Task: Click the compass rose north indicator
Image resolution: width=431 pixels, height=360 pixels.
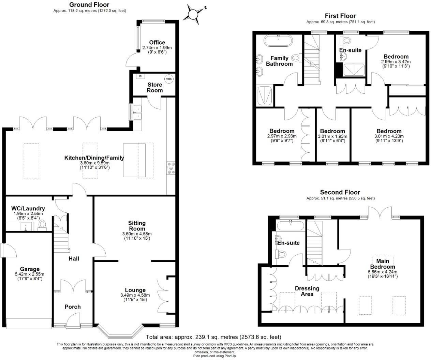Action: click(x=193, y=14)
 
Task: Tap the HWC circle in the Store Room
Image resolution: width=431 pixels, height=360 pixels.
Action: click(x=169, y=79)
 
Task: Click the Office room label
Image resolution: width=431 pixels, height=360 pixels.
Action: click(x=157, y=43)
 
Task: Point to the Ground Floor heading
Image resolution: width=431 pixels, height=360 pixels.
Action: click(x=89, y=5)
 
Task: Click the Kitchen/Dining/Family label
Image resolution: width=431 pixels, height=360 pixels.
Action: click(x=94, y=158)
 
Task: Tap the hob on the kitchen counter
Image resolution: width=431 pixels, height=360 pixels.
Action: click(x=170, y=168)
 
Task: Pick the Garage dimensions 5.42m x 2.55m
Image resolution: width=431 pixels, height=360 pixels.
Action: click(x=30, y=274)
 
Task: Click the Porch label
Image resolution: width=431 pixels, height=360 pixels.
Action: click(x=73, y=307)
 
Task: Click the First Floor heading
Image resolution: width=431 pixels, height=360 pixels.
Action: click(x=340, y=16)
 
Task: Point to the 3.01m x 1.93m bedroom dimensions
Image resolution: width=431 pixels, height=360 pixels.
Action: click(x=332, y=136)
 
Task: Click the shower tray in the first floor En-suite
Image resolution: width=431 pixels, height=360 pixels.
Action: click(x=353, y=70)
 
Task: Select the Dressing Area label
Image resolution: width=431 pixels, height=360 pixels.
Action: click(x=307, y=291)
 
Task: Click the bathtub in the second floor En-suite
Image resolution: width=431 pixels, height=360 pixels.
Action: click(x=291, y=226)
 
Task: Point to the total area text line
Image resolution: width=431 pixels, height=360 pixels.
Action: click(x=213, y=337)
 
